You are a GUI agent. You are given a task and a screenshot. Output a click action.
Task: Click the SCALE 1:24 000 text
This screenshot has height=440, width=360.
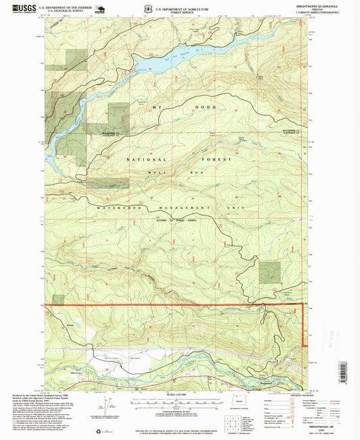point(179,394)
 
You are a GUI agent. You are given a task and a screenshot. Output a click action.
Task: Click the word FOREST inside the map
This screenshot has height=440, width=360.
point(219,159)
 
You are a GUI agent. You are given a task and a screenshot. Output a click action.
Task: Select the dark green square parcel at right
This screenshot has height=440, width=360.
point(269,271)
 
